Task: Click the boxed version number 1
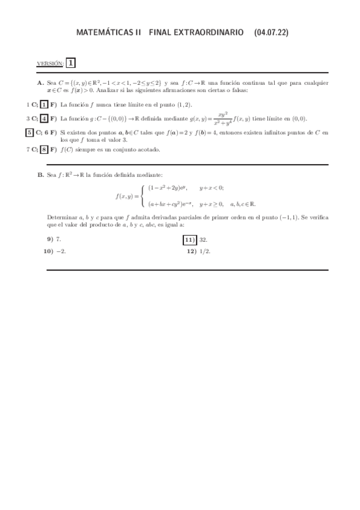(x=71, y=63)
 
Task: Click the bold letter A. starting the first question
(x=40, y=82)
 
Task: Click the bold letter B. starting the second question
(x=40, y=175)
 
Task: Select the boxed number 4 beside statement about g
(x=44, y=118)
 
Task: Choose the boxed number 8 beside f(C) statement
(x=44, y=149)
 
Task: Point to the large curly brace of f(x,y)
(x=141, y=195)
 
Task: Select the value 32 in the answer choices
(x=203, y=239)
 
